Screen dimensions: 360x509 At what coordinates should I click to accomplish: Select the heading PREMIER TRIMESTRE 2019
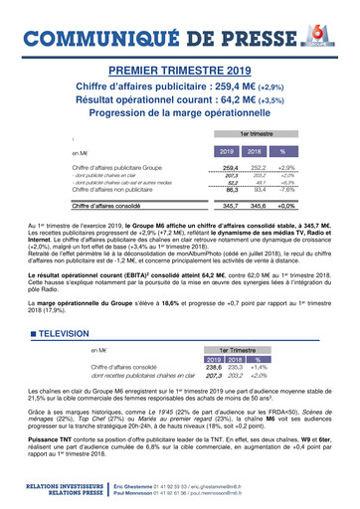point(179,73)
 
